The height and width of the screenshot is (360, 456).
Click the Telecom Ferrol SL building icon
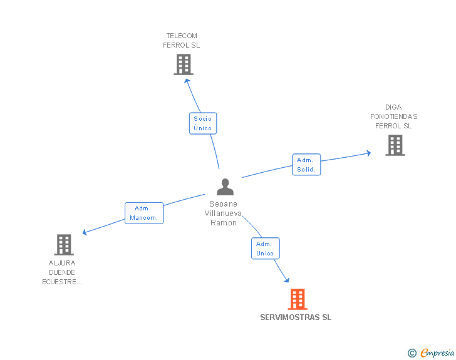pyautogui.click(x=184, y=64)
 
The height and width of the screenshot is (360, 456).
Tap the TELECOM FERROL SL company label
pyautogui.click(x=182, y=41)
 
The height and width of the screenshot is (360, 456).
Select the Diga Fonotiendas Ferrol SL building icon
pyautogui.click(x=395, y=145)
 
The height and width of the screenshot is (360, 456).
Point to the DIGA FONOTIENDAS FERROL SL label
pyautogui.click(x=393, y=116)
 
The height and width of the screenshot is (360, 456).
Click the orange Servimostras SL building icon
pyautogui.click(x=298, y=299)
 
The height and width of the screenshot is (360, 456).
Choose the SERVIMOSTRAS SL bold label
pyautogui.click(x=296, y=317)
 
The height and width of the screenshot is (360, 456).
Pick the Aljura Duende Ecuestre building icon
pyautogui.click(x=64, y=245)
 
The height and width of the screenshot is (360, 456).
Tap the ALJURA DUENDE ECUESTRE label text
pyautogui.click(x=62, y=272)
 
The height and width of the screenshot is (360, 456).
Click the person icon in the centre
pyautogui.click(x=225, y=187)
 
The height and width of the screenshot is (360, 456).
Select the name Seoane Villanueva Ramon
pyautogui.click(x=224, y=213)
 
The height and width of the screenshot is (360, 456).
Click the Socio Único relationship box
pyautogui.click(x=203, y=123)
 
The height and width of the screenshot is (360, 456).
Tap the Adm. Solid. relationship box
pyautogui.click(x=306, y=165)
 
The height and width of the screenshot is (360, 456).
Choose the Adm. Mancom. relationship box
pyautogui.click(x=144, y=213)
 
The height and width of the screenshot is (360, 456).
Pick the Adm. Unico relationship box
pyautogui.click(x=265, y=249)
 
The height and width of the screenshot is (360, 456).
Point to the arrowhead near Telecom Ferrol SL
pyautogui.click(x=187, y=80)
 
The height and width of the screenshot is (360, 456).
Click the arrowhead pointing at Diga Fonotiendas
pyautogui.click(x=368, y=153)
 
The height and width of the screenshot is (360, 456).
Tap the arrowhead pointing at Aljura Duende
pyautogui.click(x=85, y=233)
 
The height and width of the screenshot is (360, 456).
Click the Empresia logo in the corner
pyautogui.click(x=437, y=353)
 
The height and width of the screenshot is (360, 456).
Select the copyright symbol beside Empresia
pyautogui.click(x=412, y=353)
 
